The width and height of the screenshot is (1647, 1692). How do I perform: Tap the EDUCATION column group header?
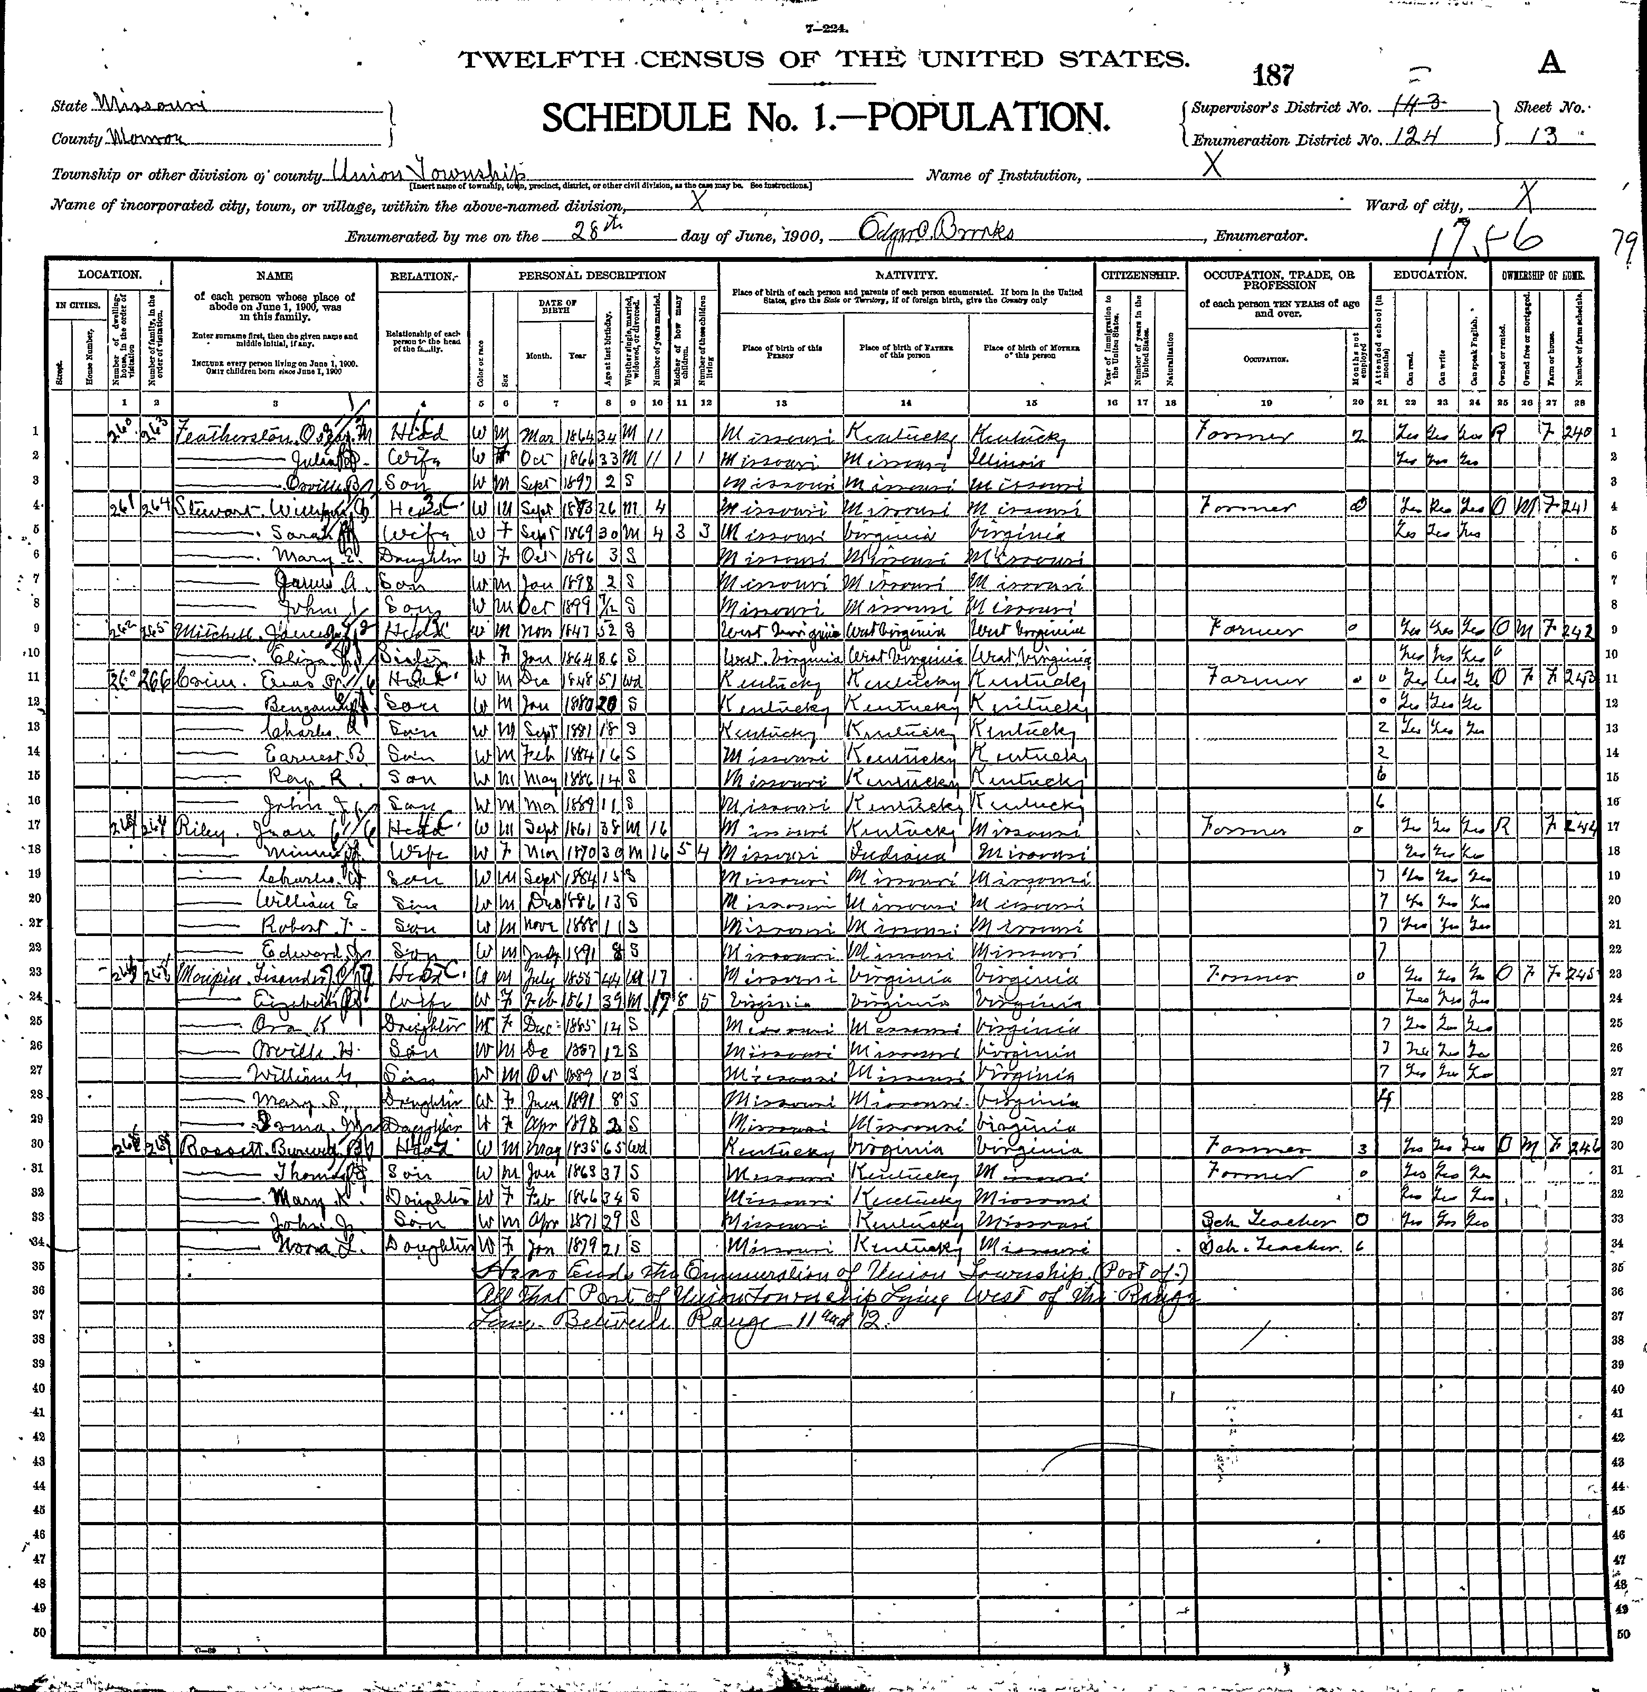[1429, 275]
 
